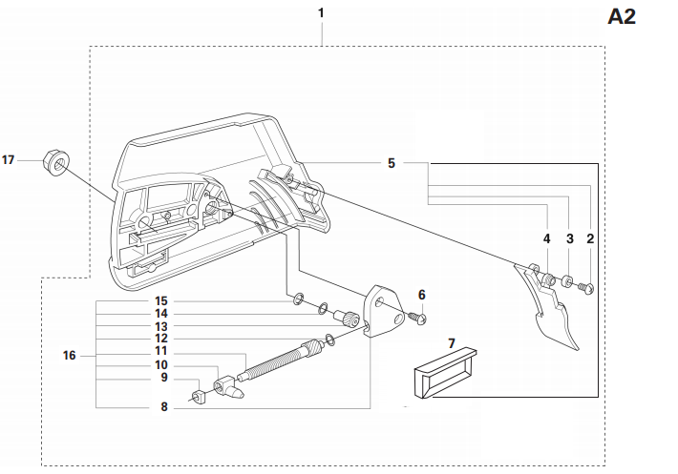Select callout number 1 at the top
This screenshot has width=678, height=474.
321,13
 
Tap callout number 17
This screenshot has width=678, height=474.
10,160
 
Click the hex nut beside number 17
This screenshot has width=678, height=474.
56,164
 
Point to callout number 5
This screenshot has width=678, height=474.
392,163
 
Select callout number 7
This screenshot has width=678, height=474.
453,341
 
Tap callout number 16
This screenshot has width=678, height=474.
70,355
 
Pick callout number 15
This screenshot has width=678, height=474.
161,301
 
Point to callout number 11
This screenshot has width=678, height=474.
161,352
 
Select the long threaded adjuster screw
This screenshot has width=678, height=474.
282,360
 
